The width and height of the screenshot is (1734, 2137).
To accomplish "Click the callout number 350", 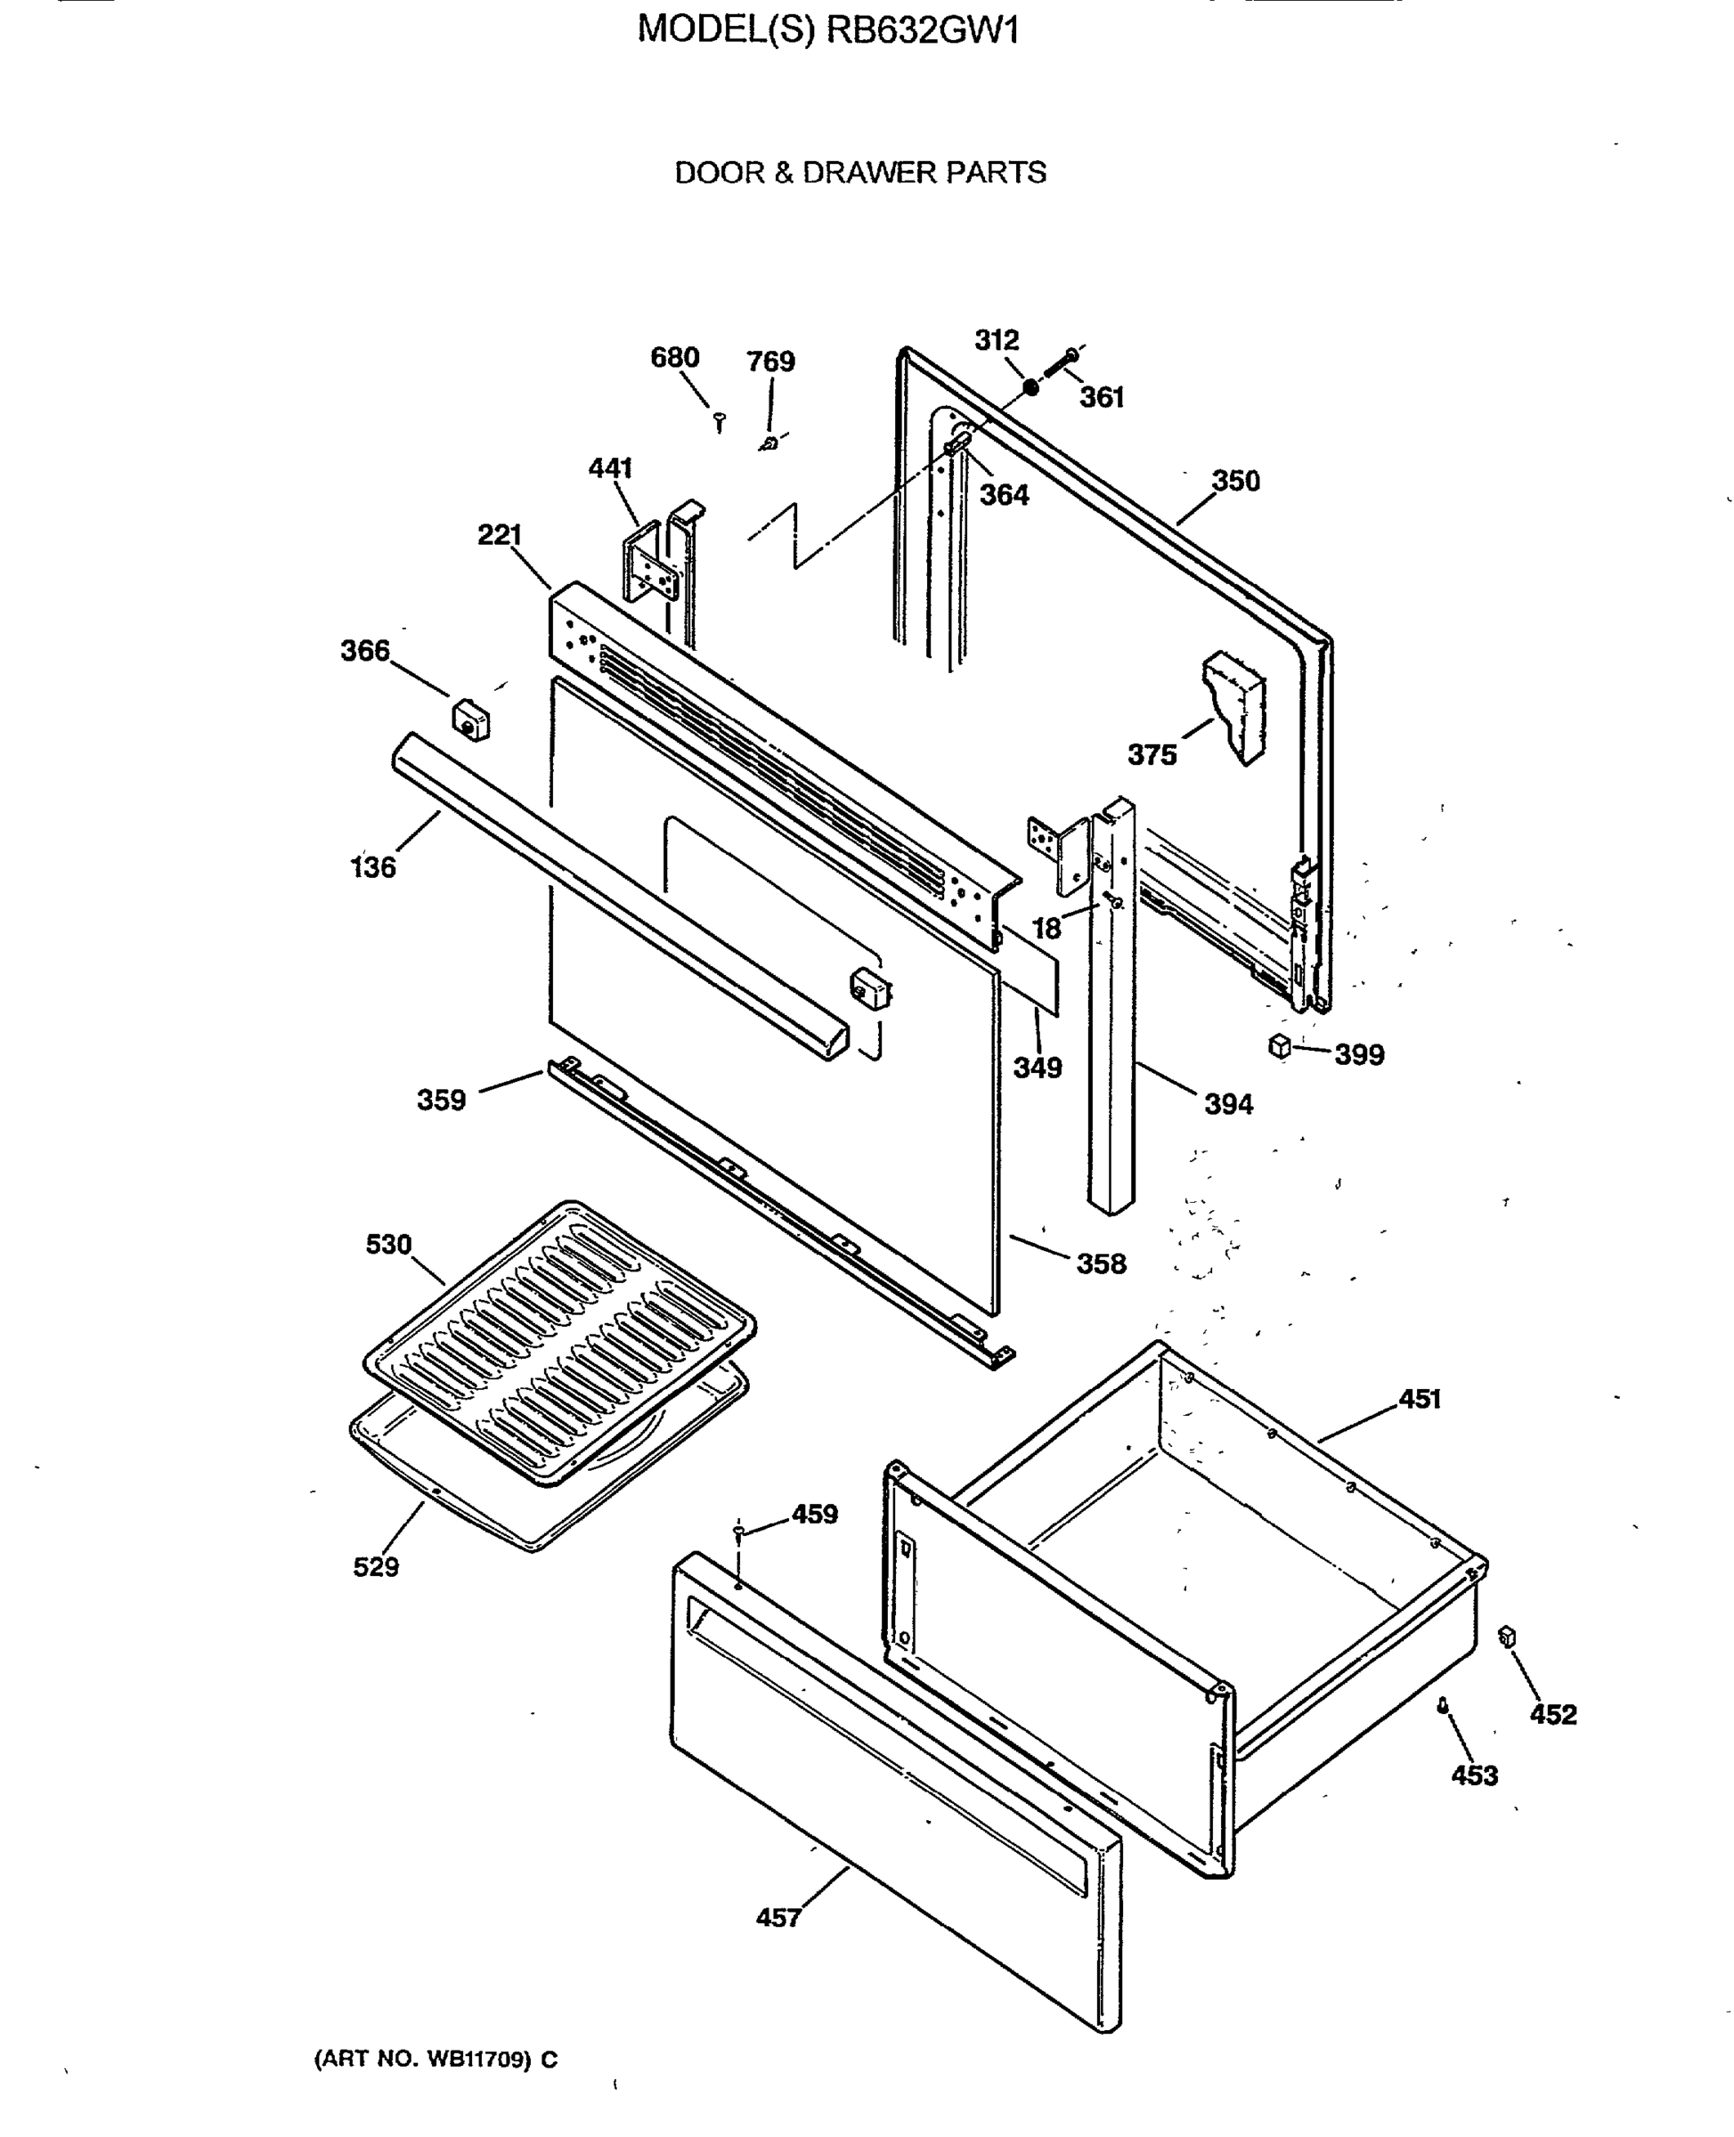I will tap(1235, 482).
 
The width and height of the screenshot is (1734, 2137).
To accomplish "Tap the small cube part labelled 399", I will tap(1280, 1046).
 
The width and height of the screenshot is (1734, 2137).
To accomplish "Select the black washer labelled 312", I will tap(1030, 386).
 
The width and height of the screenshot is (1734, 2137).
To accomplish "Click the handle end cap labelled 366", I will tap(470, 720).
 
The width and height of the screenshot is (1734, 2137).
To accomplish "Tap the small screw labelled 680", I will tap(720, 422).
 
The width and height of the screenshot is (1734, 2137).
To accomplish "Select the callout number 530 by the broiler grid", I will tap(388, 1244).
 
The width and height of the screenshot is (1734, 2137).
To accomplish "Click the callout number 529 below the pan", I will tap(376, 1567).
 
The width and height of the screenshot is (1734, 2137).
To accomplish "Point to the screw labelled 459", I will tap(739, 1532).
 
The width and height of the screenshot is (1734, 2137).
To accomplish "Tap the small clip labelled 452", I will tap(1507, 1637).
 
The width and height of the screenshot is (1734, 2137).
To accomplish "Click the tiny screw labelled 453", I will tap(1443, 1706).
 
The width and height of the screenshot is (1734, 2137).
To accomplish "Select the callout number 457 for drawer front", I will tap(778, 1917).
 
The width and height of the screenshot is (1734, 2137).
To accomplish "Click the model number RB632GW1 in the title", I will tap(922, 31).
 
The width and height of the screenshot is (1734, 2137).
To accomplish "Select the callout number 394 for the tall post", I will tap(1227, 1104).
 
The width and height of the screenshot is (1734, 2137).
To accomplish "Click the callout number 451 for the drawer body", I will tap(1420, 1399).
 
